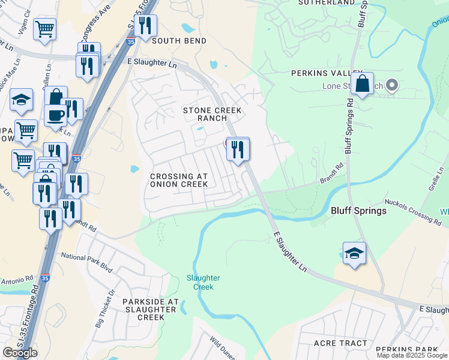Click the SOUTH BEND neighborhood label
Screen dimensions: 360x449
pyautogui.click(x=179, y=41)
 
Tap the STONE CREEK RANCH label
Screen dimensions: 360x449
pyautogui.click(x=212, y=114)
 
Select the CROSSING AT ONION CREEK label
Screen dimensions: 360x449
pyautogui.click(x=179, y=180)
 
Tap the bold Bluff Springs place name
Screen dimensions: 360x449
pyautogui.click(x=354, y=211)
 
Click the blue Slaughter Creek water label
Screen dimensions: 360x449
pyautogui.click(x=203, y=282)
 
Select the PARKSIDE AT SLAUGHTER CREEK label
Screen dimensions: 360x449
pyautogui.click(x=150, y=309)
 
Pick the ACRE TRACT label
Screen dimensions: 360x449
pyautogui.click(x=340, y=343)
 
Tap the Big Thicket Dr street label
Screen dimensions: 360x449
pyautogui.click(x=103, y=309)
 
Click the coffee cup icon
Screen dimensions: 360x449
pyautogui.click(x=56, y=115)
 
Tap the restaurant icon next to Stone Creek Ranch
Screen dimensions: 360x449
pyautogui.click(x=238, y=149)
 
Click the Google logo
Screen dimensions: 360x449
pyautogui.click(x=20, y=353)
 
